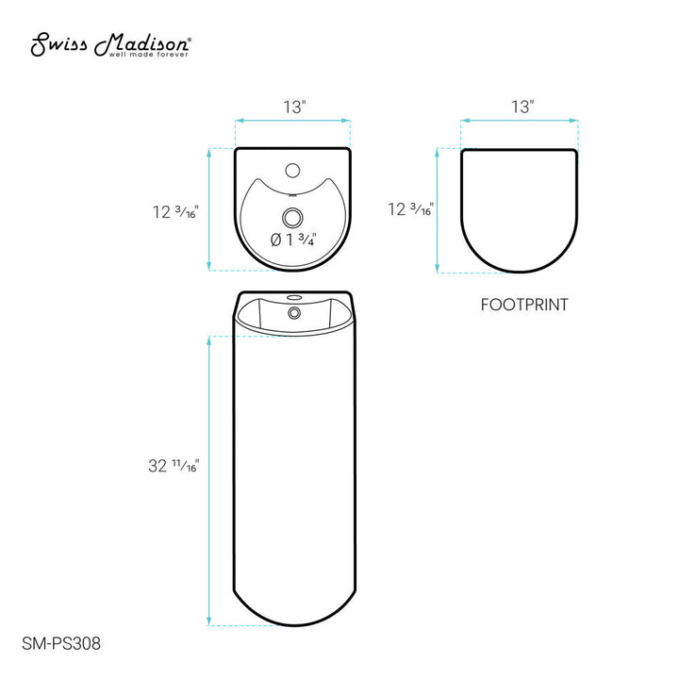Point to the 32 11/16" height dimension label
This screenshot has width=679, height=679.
(x=174, y=465)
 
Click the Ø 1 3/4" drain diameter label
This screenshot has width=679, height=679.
(x=292, y=239)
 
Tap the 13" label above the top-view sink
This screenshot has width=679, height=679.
(x=293, y=108)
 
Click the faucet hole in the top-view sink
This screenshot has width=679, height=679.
(x=292, y=172)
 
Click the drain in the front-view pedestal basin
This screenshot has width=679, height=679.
(x=292, y=308)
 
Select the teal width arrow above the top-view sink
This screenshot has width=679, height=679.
(x=292, y=120)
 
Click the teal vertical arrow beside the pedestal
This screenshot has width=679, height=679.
(x=209, y=480)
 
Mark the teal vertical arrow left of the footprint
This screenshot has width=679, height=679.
(x=437, y=210)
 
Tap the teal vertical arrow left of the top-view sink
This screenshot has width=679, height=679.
(x=209, y=209)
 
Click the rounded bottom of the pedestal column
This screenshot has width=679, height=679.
(x=292, y=613)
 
